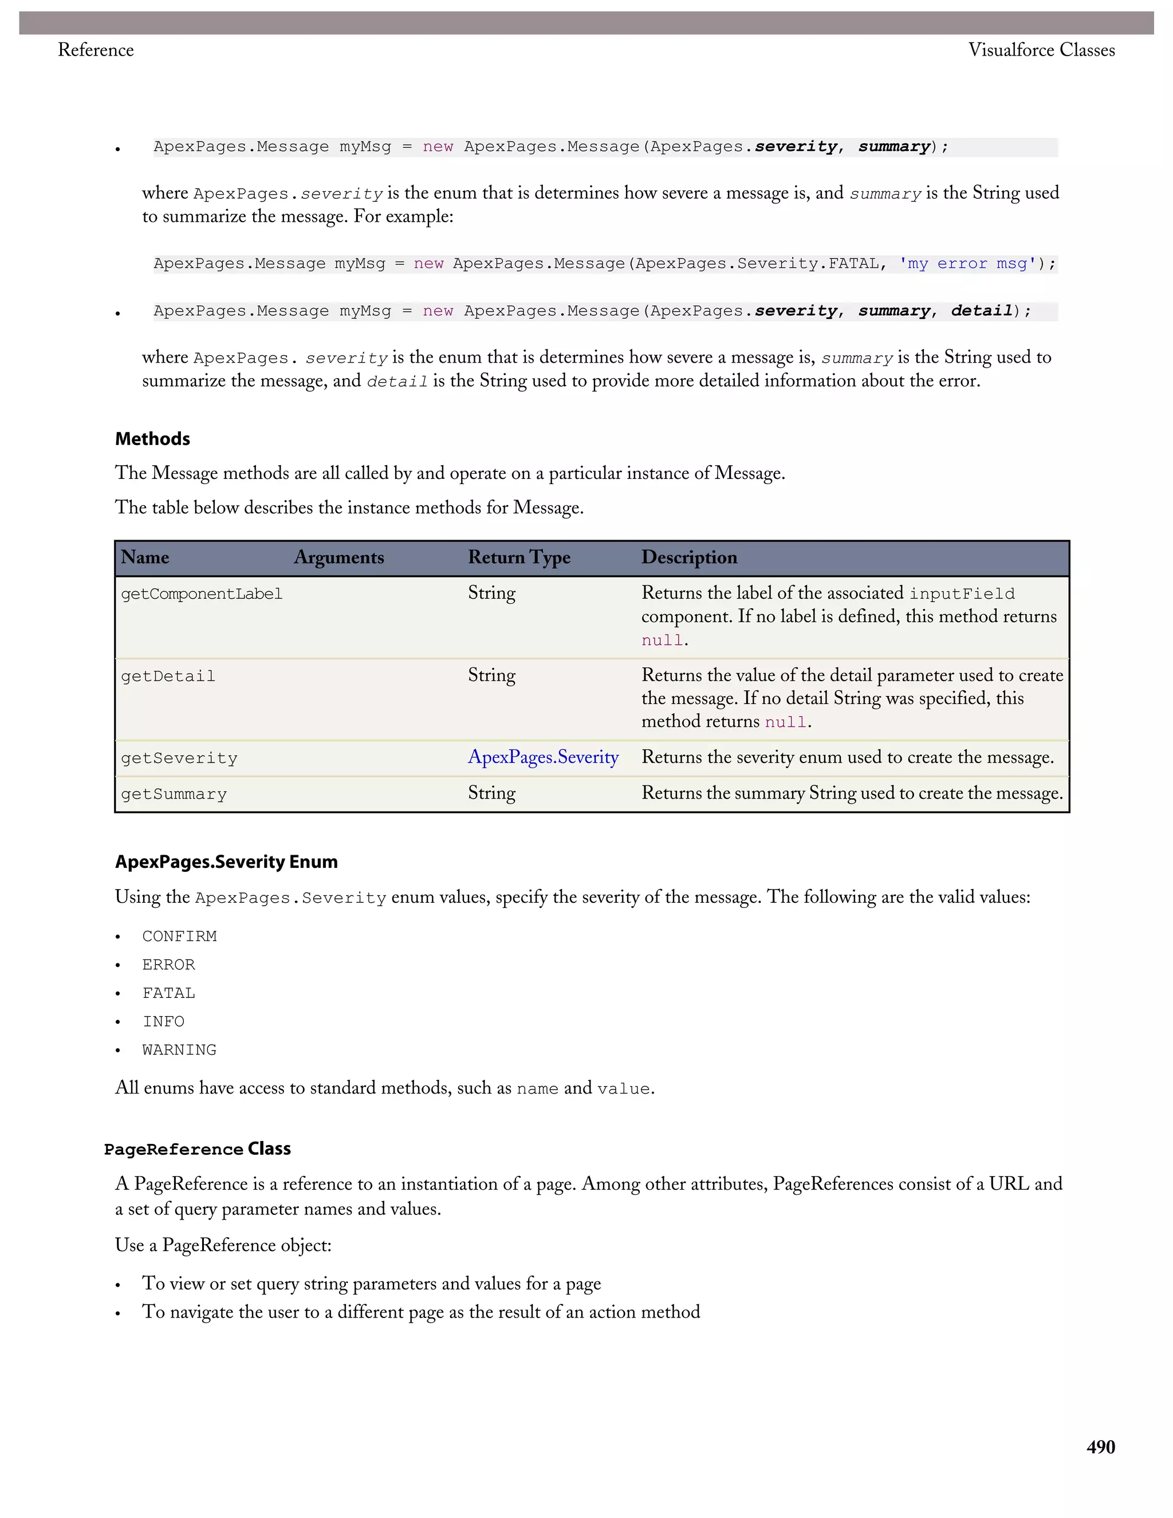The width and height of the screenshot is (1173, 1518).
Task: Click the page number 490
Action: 1100,1446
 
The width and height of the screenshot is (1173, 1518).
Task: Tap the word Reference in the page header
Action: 96,50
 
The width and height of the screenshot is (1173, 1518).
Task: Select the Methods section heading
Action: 152,439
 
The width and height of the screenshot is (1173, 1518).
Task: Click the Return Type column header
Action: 518,557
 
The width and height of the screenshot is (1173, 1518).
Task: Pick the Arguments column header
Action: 338,557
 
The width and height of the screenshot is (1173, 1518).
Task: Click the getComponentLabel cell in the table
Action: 202,594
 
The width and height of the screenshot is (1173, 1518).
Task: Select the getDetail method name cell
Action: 168,677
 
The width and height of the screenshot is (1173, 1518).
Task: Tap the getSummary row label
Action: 174,794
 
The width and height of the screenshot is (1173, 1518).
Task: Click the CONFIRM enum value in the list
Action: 179,936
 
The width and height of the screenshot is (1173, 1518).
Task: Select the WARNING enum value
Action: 179,1049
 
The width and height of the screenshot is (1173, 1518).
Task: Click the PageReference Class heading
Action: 198,1149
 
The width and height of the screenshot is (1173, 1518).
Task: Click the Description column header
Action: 688,557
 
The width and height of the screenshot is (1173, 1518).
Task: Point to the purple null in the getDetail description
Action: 785,722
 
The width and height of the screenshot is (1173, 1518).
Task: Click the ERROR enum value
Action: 168,965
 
